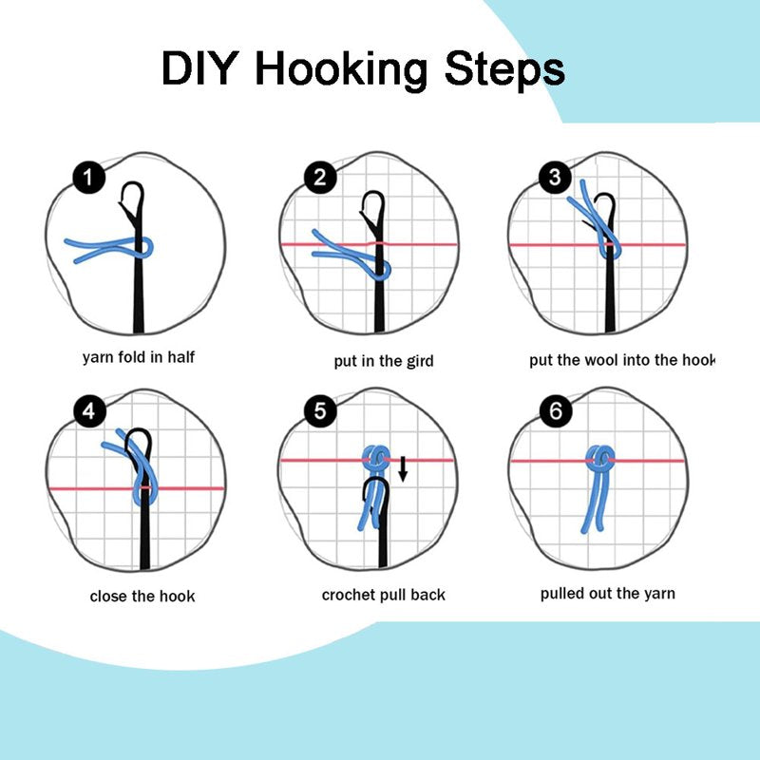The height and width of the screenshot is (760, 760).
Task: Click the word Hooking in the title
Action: [x=341, y=69]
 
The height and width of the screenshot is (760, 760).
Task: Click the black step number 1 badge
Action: [x=89, y=178]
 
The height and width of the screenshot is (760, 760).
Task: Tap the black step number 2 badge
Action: [x=320, y=178]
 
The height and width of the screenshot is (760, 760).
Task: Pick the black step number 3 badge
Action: [x=555, y=178]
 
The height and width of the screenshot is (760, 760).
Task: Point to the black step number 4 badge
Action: [x=89, y=412]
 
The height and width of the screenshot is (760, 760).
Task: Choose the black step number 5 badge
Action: [x=320, y=411]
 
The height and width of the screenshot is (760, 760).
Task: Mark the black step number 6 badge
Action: [x=556, y=411]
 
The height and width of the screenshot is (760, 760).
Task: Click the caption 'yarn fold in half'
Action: [x=139, y=358]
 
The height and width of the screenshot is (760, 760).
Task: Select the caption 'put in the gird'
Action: [x=384, y=361]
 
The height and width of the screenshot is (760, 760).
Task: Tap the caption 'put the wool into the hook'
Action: [x=622, y=360]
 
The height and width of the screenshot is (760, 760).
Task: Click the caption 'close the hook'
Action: [x=142, y=597]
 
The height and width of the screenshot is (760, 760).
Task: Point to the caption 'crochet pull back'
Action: [x=384, y=595]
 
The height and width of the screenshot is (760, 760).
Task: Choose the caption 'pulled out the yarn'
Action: [x=608, y=594]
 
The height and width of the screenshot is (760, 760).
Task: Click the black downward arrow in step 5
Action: [x=402, y=468]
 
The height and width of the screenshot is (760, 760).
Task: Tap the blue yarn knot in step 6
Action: [x=600, y=459]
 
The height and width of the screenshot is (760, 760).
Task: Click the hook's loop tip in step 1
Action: [x=133, y=184]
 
